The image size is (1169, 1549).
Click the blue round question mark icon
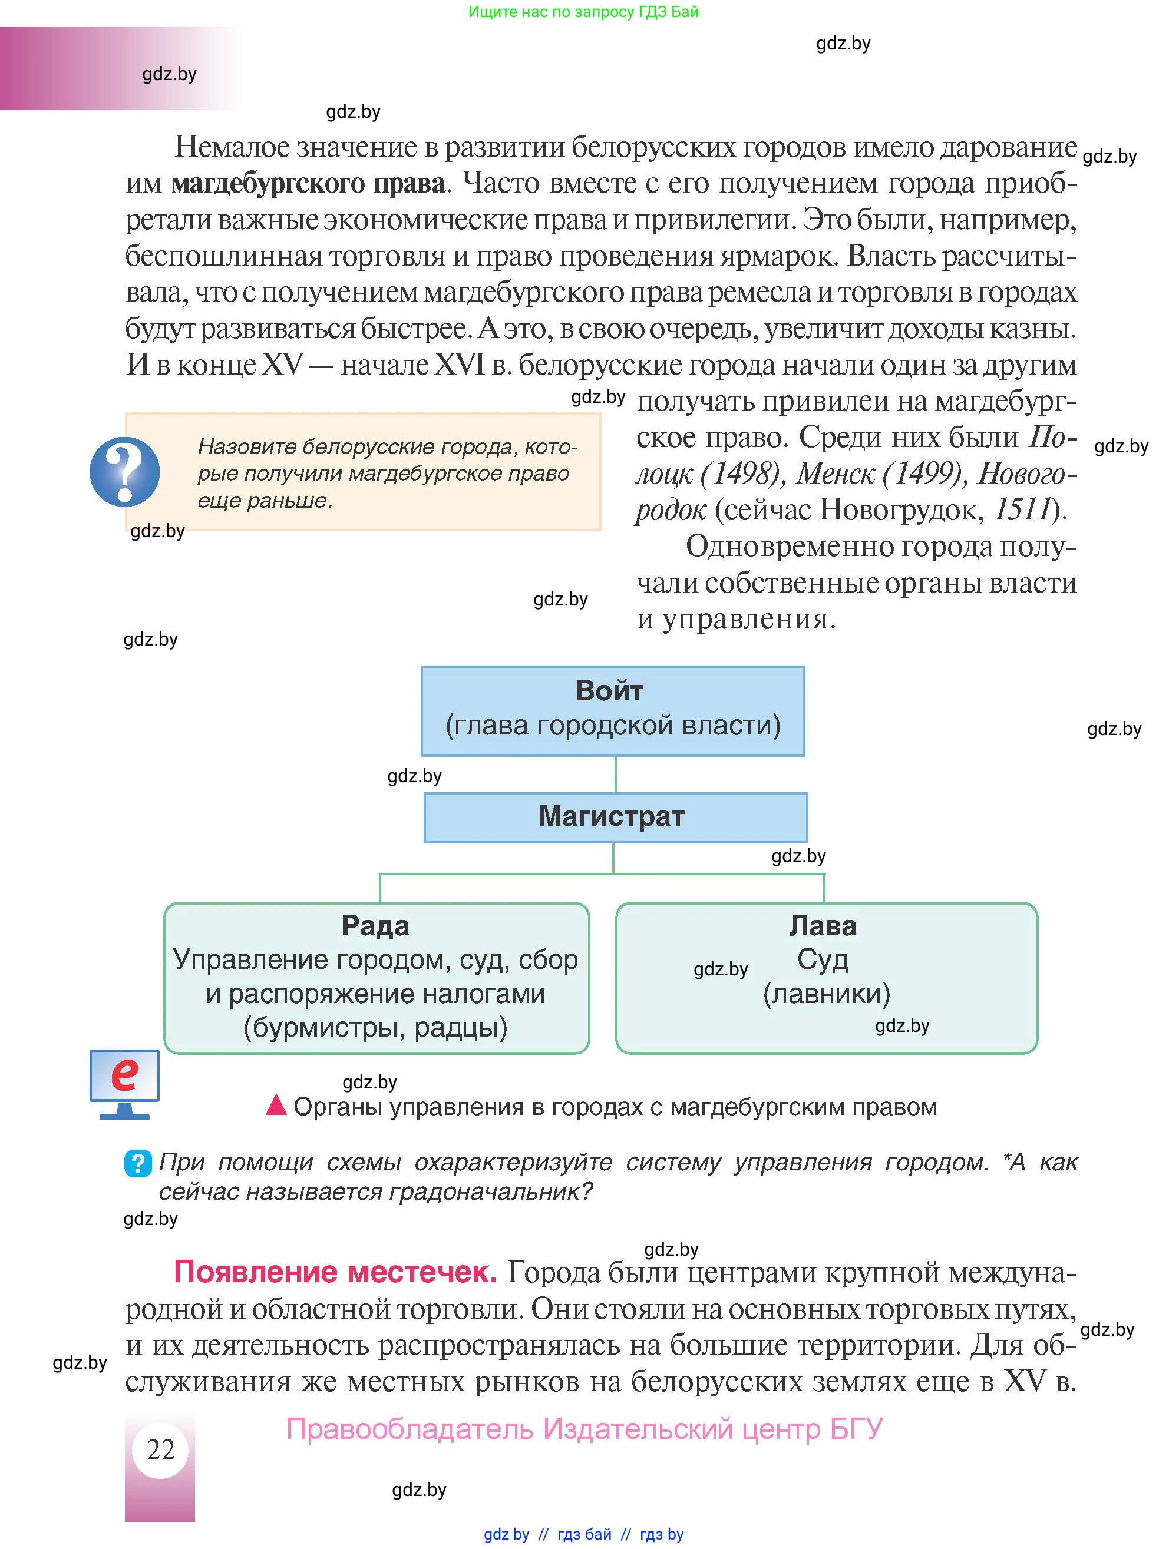coord(125,471)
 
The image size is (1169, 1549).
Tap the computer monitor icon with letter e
coord(124,1083)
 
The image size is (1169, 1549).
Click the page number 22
coord(160,1449)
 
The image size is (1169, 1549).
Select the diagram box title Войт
coord(609,690)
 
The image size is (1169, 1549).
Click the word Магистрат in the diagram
coord(612,816)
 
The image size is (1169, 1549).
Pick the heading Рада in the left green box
coord(375,926)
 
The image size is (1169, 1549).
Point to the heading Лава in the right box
coord(823,926)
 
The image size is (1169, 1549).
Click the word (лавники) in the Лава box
coord(826,993)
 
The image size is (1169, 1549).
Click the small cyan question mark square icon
coord(138,1163)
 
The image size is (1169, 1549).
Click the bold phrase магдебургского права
coord(308,184)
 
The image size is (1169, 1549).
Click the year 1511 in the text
coord(1023,509)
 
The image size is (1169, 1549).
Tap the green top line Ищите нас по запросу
coord(583,12)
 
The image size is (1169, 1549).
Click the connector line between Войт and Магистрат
coord(615,774)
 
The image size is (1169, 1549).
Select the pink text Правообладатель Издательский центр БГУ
coord(584,1428)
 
